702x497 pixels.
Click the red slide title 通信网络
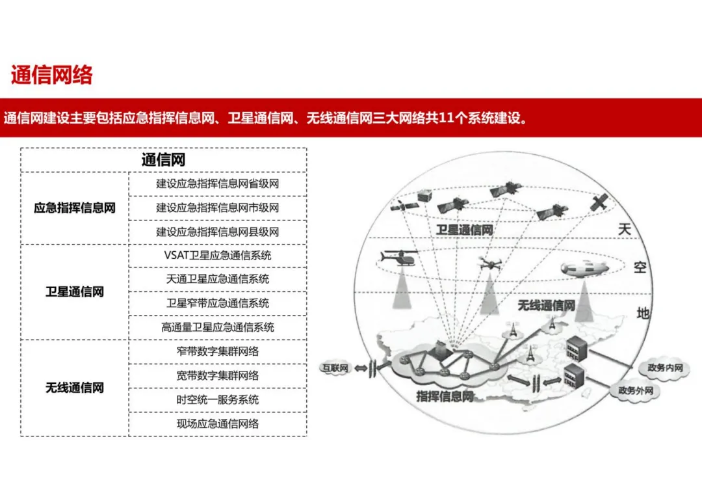click(52, 75)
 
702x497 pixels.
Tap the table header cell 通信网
click(164, 159)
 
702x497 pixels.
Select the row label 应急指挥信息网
click(75, 208)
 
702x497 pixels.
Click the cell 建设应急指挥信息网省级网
click(217, 183)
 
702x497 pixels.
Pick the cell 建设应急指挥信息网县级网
click(217, 232)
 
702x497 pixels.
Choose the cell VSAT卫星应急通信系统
click(217, 255)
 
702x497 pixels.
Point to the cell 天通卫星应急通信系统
click(217, 279)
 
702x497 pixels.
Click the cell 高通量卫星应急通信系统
click(217, 327)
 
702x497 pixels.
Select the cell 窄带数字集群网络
click(217, 351)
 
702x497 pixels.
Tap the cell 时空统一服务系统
click(217, 399)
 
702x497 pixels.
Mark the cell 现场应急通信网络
click(217, 423)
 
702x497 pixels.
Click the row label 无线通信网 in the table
click(75, 388)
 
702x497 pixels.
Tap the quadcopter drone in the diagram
click(489, 263)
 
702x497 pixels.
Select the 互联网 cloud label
click(335, 368)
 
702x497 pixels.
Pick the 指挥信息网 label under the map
click(445, 396)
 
